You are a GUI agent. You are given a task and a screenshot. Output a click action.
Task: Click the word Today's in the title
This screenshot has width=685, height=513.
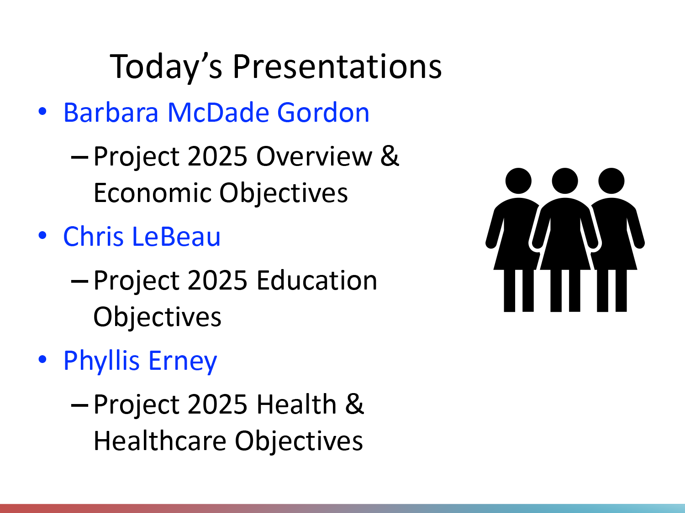click(x=166, y=67)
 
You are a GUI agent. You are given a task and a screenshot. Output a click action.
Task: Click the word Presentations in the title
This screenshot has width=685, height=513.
click(x=337, y=66)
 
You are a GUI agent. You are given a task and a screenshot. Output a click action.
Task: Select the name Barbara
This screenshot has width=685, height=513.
click(x=111, y=112)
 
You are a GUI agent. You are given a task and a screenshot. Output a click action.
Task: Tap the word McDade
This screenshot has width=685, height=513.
click(x=218, y=112)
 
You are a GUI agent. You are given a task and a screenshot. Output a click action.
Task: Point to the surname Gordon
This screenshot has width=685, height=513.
click(x=323, y=112)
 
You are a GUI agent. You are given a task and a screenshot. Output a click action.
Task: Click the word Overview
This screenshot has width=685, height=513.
click(x=314, y=156)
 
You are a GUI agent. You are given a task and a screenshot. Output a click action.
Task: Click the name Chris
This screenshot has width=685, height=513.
click(x=93, y=236)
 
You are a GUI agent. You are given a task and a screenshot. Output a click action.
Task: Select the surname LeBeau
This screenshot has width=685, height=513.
click(x=176, y=236)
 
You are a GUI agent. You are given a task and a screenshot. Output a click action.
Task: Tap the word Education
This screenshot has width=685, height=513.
click(x=317, y=280)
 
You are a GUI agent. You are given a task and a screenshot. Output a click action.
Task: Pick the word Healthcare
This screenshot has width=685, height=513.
click(x=160, y=440)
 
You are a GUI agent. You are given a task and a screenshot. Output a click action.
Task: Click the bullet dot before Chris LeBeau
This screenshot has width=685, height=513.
click(x=42, y=235)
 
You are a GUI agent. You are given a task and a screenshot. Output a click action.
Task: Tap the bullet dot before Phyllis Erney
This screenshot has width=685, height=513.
click(x=42, y=359)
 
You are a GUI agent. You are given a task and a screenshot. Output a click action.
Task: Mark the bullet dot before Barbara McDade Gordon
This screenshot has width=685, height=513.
click(x=42, y=112)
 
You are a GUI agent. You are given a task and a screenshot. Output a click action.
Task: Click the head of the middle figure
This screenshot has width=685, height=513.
click(x=565, y=181)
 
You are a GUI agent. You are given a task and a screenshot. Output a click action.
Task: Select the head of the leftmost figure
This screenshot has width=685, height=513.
click(x=518, y=181)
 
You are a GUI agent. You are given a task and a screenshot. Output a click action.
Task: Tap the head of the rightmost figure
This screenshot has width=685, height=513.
click(x=611, y=181)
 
